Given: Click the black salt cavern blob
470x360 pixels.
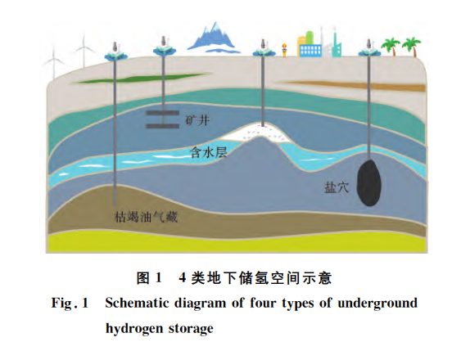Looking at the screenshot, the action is tap(369, 182).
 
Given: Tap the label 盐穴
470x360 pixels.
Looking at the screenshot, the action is tap(337, 187).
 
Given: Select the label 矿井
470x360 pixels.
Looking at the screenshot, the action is tap(197, 120).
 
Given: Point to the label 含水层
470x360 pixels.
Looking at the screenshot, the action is tap(209, 152).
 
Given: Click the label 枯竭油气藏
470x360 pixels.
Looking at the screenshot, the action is tap(146, 217).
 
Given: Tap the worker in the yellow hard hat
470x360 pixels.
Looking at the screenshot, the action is tap(284, 50).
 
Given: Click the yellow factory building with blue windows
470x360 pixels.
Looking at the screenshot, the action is tap(310, 44).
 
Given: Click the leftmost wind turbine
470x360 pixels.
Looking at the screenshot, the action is tap(54, 62).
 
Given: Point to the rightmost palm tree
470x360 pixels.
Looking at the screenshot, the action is tap(412, 47).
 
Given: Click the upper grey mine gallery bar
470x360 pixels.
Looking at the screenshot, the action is tap(162, 113).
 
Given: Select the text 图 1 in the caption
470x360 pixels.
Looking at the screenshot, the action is tap(149, 278).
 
